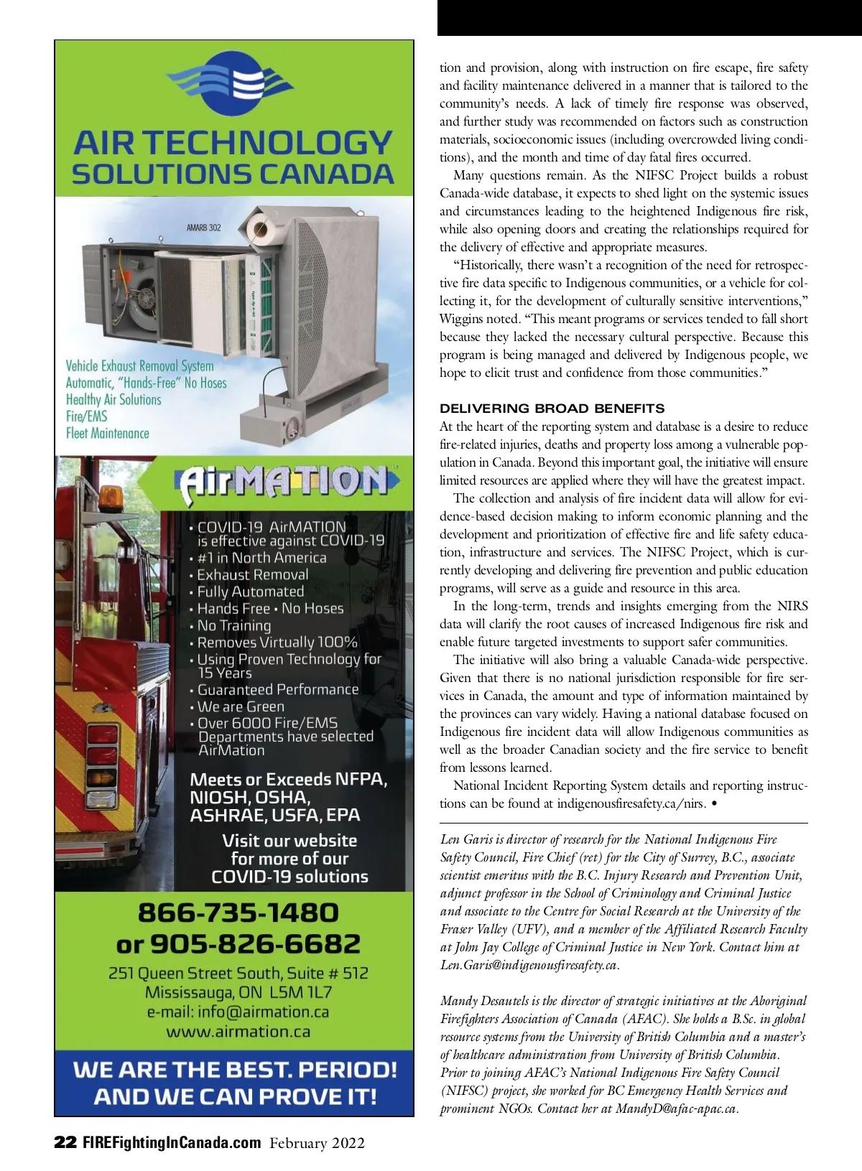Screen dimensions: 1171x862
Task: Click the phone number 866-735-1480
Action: [x=238, y=913]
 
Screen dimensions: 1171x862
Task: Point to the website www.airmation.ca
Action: [x=238, y=1032]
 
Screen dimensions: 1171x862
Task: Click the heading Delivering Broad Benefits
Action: [x=552, y=409]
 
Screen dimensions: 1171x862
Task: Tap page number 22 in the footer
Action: [x=65, y=1142]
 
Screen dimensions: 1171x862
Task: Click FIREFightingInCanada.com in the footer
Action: [x=172, y=1142]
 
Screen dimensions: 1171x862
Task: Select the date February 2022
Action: [x=317, y=1143]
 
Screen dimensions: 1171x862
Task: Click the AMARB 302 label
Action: [x=204, y=228]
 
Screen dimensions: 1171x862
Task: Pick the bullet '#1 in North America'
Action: [x=261, y=558]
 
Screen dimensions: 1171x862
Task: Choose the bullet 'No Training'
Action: [x=234, y=625]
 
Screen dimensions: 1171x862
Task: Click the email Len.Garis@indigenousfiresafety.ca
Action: [x=529, y=965]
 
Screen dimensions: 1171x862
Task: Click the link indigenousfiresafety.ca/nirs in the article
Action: [x=631, y=803]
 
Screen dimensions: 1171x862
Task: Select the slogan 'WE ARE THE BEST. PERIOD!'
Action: [x=235, y=1070]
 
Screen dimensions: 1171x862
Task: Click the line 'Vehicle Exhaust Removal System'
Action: [x=140, y=365]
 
